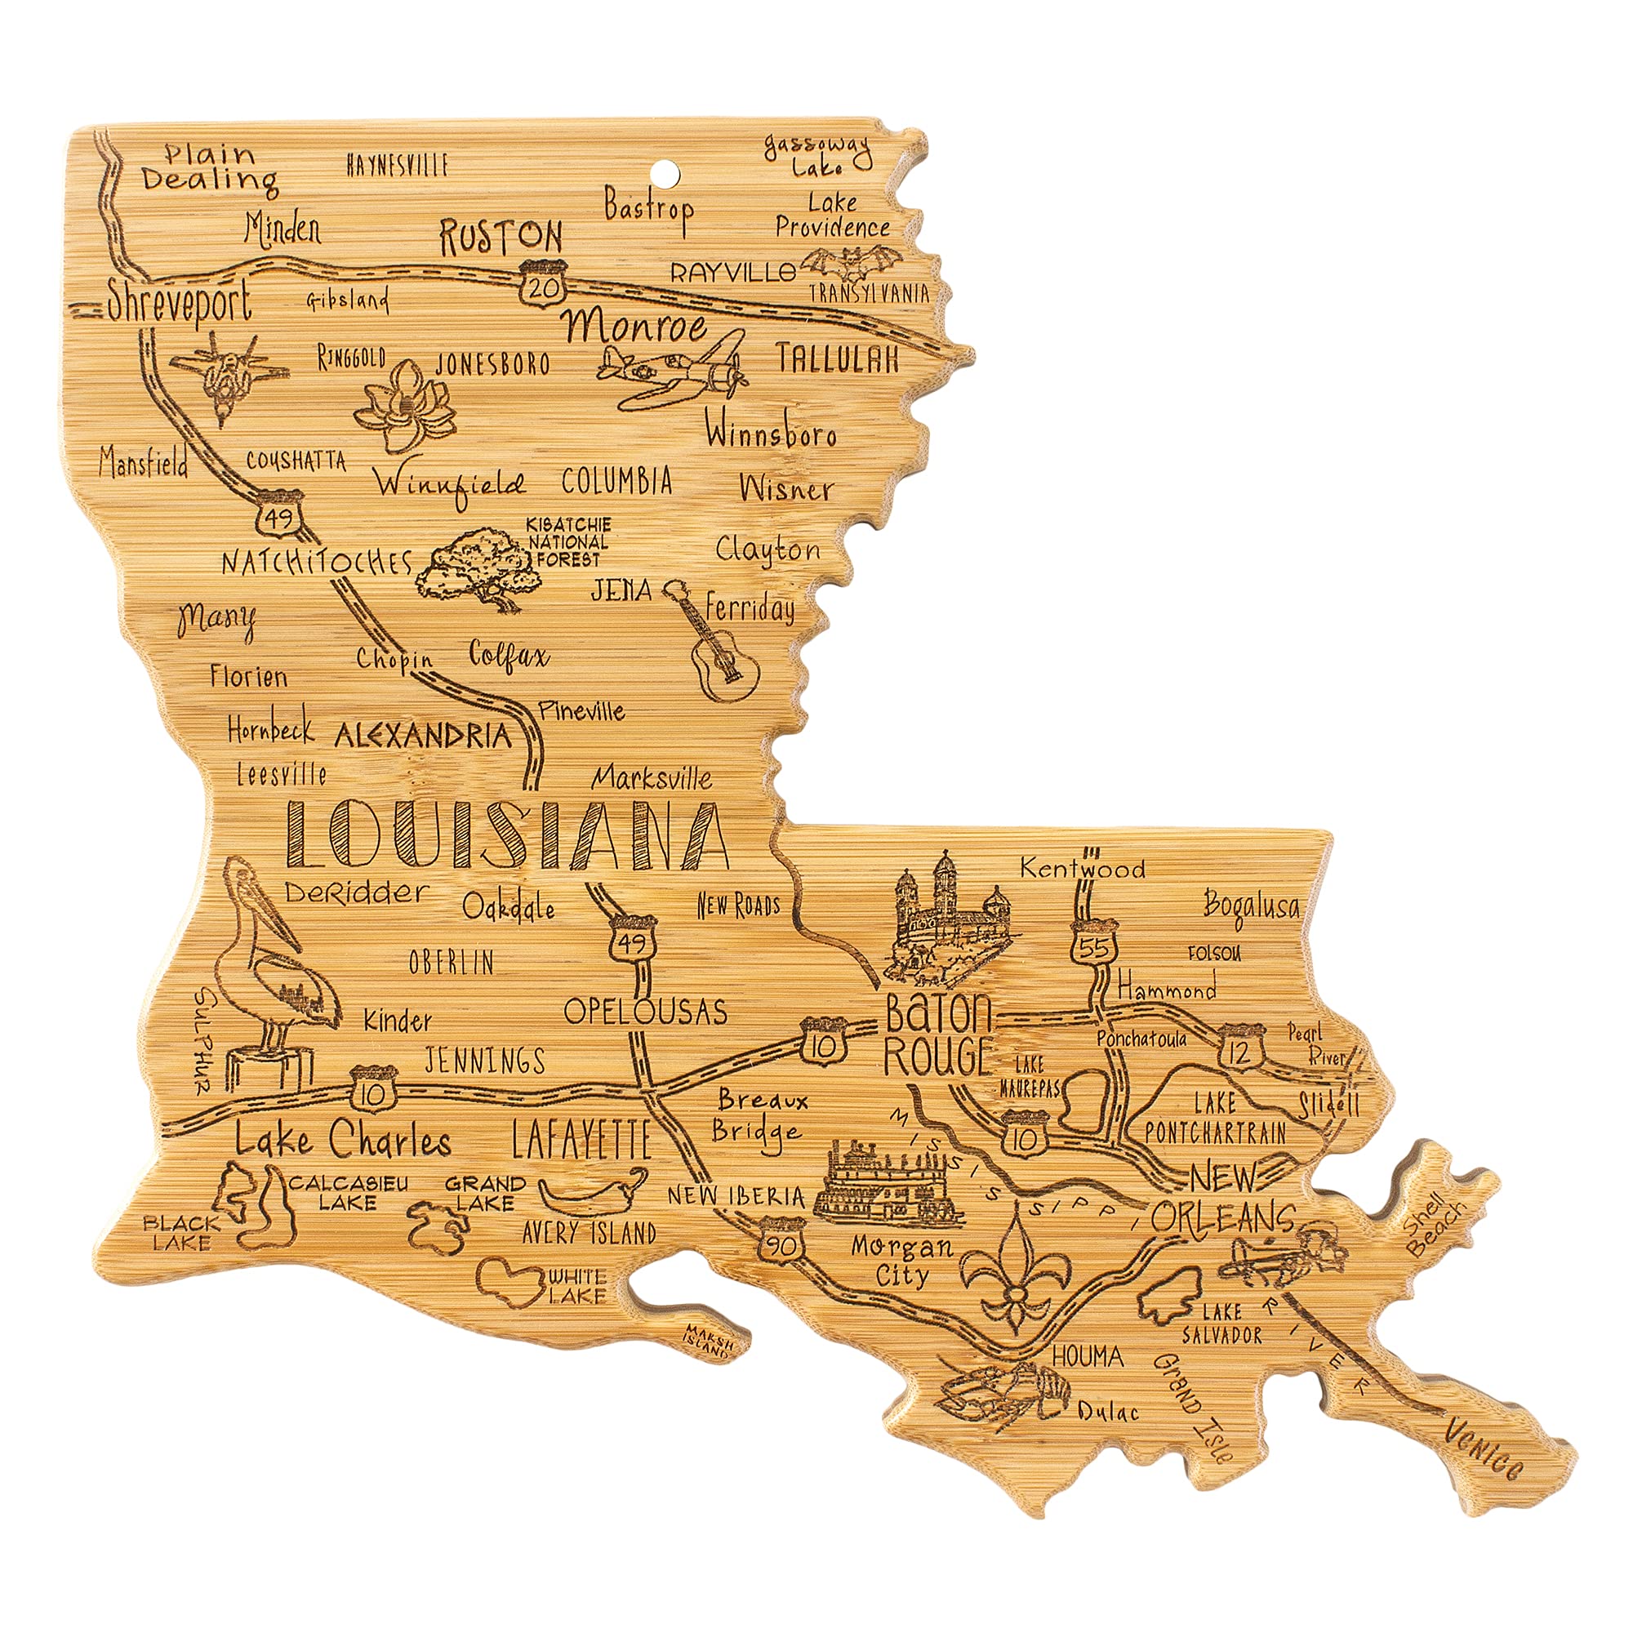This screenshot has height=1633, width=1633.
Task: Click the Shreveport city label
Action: point(180,302)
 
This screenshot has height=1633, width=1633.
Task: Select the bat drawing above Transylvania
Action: point(846,265)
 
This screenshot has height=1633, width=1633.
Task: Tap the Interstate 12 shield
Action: point(1241,1048)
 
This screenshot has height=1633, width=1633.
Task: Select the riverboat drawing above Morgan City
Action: point(888,1186)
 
